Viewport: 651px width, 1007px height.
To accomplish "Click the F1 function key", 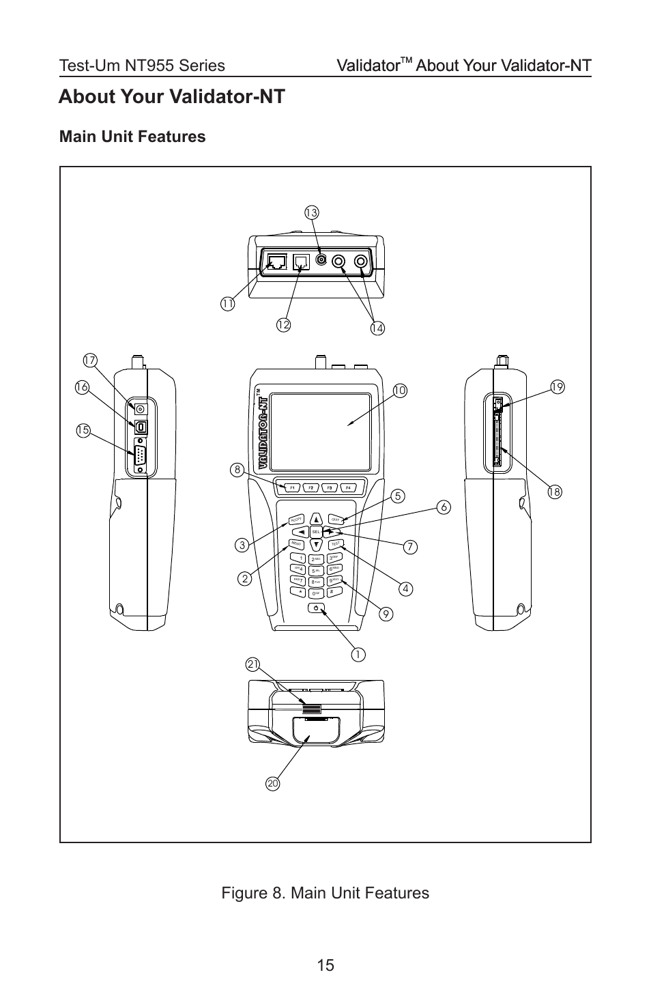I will coord(291,487).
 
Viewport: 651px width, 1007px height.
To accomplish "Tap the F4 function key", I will coord(348,487).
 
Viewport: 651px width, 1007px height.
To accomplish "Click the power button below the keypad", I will coord(316,607).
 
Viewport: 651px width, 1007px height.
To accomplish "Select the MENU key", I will coord(295,544).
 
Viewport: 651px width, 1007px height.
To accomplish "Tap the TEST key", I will coord(336,544).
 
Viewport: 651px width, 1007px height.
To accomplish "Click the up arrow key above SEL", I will coord(316,519).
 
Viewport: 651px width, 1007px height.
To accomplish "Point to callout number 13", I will coord(311,212).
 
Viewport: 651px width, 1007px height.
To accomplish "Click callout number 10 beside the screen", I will coord(399,391).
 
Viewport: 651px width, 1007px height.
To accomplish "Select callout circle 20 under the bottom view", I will coord(273,784).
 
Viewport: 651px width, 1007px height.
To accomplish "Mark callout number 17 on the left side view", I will coord(89,360).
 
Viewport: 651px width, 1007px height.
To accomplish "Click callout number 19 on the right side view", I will coord(558,387).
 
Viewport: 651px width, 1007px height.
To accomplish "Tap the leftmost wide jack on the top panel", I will coord(277,262).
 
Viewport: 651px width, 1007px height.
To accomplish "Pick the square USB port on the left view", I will coord(141,426).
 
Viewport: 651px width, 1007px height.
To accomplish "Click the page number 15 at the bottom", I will coord(325,965).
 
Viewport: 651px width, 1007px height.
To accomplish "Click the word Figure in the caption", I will coord(244,893).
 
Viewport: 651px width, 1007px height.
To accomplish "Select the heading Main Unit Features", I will coord(132,137).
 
